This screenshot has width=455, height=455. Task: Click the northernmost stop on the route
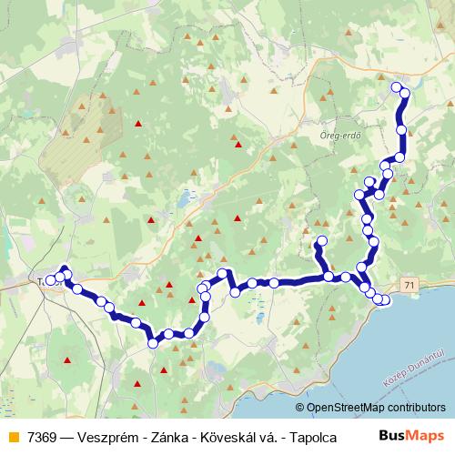click(x=396, y=87)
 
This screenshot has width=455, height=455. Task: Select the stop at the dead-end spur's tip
click(x=319, y=242)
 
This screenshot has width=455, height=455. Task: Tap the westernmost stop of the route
click(x=53, y=278)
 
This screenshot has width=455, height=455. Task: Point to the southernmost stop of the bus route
click(x=153, y=343)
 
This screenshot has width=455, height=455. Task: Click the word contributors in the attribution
click(x=413, y=408)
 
